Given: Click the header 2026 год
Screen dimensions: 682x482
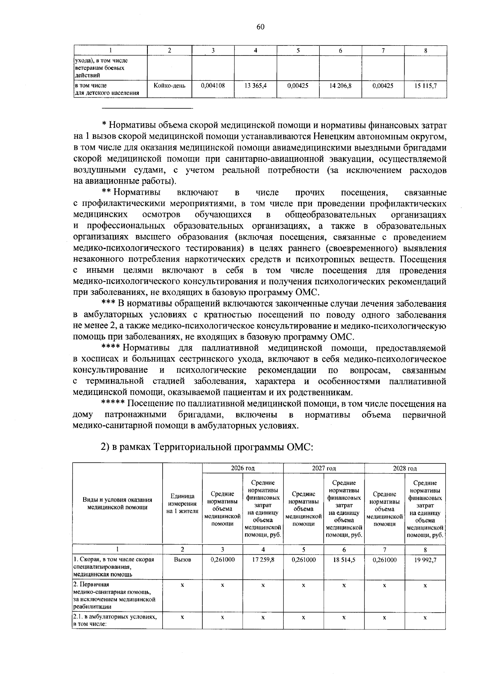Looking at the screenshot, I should coord(243,468).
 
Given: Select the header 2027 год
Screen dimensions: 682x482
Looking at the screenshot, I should coord(324,468).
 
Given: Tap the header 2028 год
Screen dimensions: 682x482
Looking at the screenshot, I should coord(405,468).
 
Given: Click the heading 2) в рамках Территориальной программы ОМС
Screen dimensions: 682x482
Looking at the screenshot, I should coord(206,447).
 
